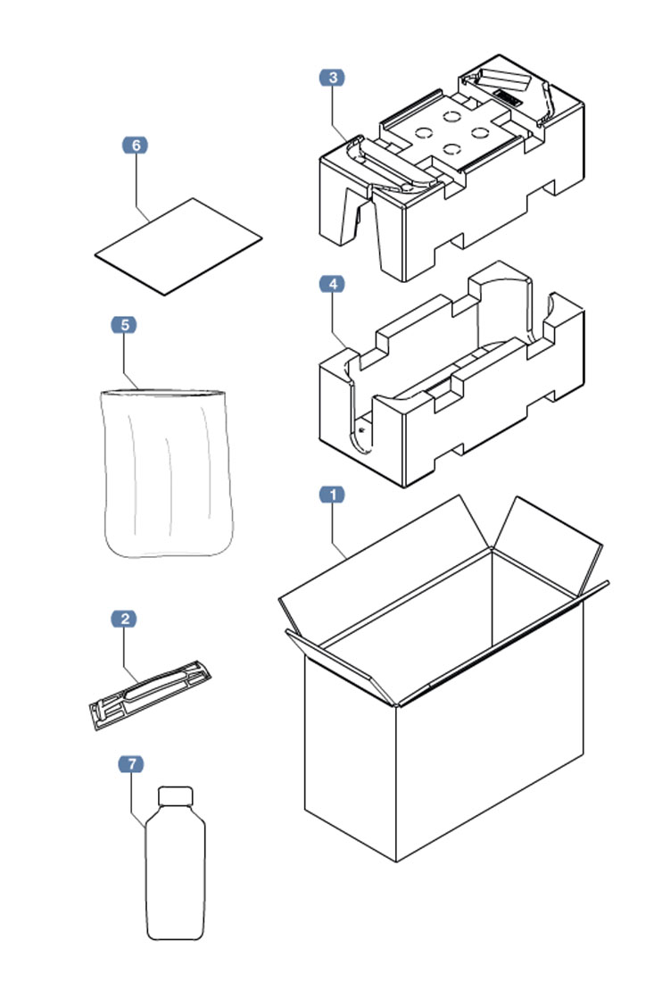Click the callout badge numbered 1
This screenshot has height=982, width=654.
(x=332, y=495)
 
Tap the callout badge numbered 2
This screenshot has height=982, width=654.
(x=124, y=619)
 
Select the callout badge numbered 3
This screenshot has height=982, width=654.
(x=332, y=78)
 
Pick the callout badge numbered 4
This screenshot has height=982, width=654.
(x=332, y=284)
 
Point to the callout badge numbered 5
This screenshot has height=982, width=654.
(x=124, y=325)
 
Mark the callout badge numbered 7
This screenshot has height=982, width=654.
(x=130, y=764)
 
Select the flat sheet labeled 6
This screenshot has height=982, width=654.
(x=178, y=245)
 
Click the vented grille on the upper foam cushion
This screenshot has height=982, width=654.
(x=507, y=96)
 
